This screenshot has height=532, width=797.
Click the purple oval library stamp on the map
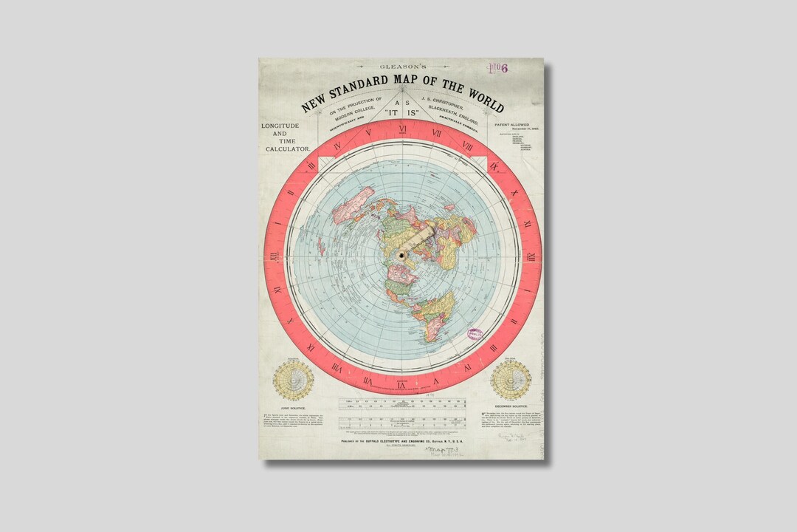pyautogui.click(x=476, y=336)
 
